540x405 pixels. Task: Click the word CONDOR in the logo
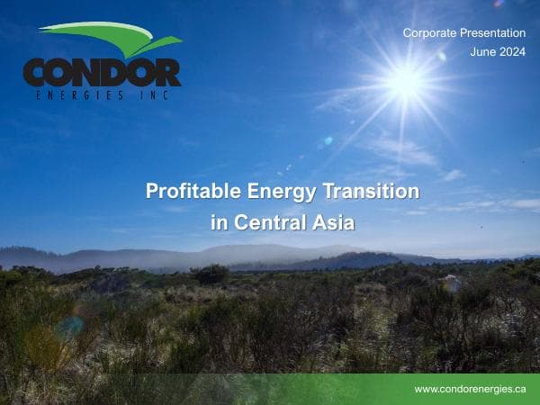[x=102, y=72]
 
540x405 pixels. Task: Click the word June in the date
[x=483, y=52]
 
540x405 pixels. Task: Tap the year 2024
[x=512, y=52]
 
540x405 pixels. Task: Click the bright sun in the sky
[x=405, y=83]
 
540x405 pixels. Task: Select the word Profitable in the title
[x=191, y=192]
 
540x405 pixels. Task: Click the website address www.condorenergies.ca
[x=470, y=389]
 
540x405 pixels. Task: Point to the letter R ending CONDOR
[x=166, y=72]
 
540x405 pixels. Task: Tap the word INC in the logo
[x=157, y=94]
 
